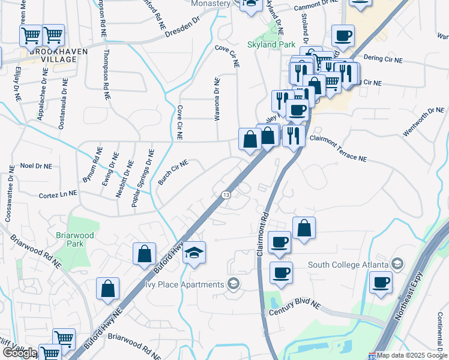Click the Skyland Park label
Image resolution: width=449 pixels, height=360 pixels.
click(270, 44)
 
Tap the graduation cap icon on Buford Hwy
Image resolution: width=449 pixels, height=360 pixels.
click(194, 253)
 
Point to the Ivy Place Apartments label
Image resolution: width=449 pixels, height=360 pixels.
click(184, 283)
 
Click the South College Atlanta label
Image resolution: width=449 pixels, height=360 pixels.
click(349, 265)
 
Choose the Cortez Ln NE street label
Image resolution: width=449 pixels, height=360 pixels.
click(58, 194)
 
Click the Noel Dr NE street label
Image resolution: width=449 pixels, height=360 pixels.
click(36, 166)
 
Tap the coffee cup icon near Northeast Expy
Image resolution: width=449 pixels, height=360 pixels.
click(381, 281)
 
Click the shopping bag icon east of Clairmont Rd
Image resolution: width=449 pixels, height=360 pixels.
click(304, 227)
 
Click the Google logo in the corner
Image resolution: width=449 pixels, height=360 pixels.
click(19, 353)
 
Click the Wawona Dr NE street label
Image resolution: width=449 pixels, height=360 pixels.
click(217, 100)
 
